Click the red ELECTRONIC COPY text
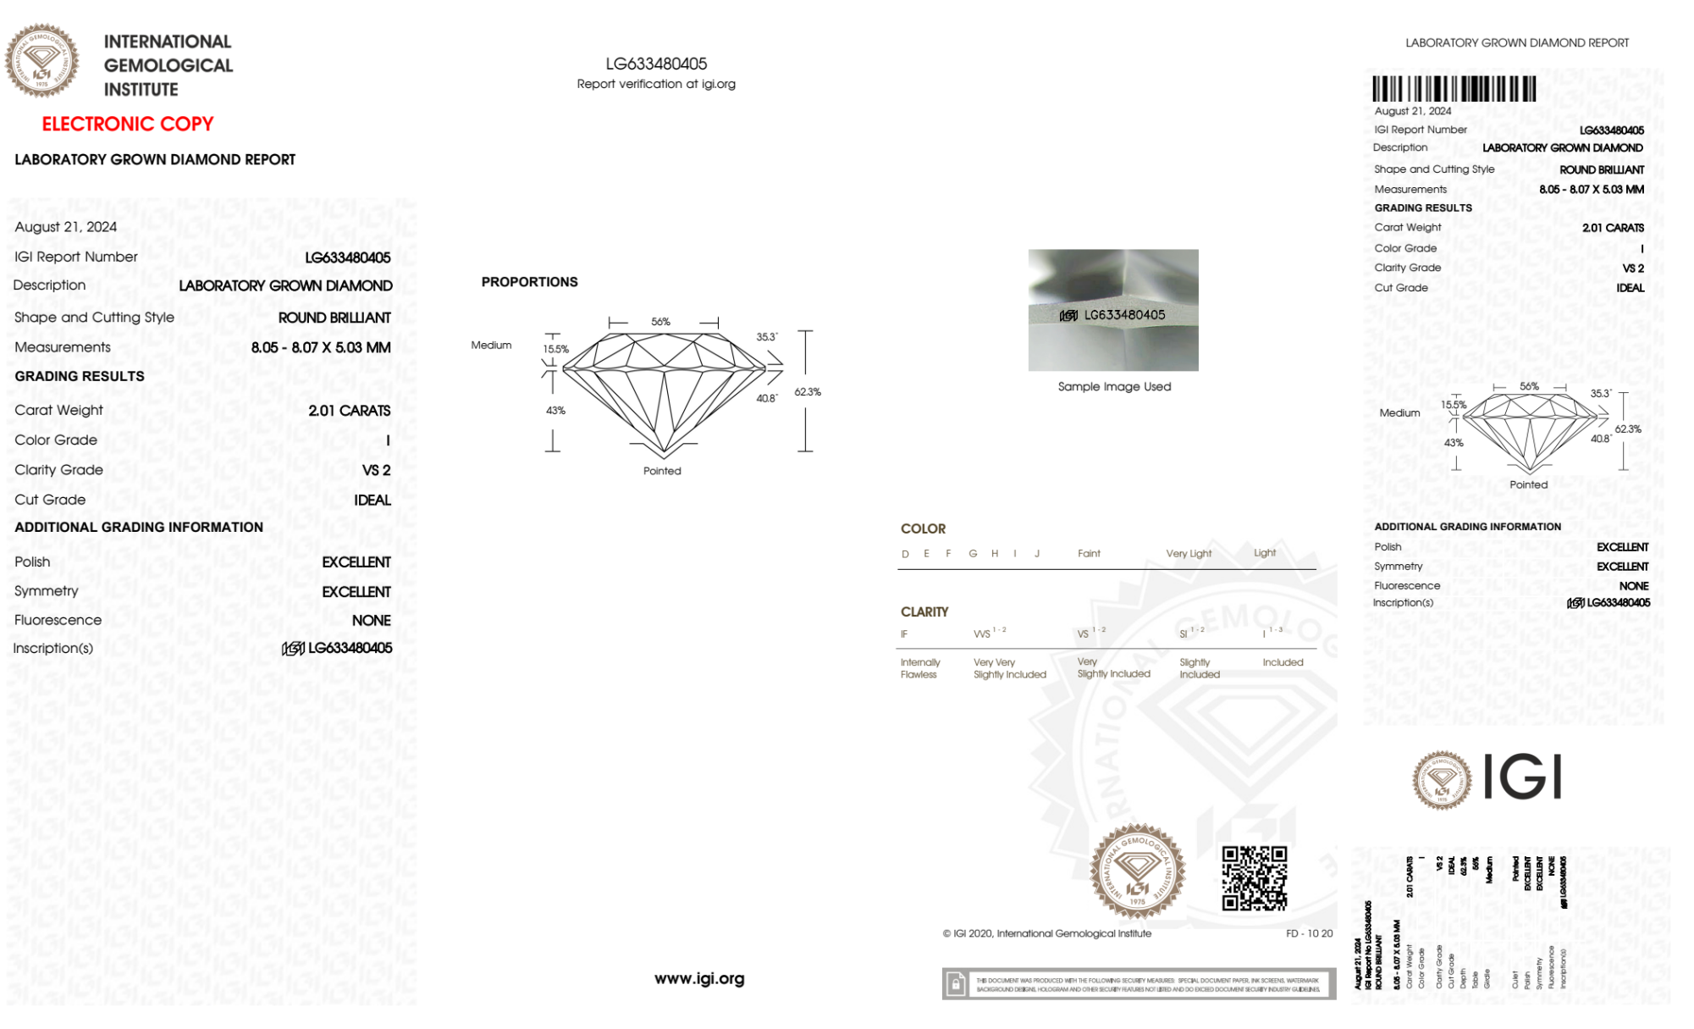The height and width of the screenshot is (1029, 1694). coord(128,124)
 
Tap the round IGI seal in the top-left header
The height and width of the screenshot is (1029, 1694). coord(42,61)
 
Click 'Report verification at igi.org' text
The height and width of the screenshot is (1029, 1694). coord(656,84)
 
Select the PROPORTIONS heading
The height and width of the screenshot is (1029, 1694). coord(529,282)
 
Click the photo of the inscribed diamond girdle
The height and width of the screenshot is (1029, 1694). coord(1113,309)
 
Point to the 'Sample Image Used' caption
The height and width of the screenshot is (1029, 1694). coord(1114,386)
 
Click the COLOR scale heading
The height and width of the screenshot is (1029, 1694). coord(923,528)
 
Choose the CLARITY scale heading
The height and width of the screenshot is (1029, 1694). coord(924,611)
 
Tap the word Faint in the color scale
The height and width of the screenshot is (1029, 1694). coord(1089,553)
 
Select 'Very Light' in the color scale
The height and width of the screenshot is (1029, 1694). coord(1189,553)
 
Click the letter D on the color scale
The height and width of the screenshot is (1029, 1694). coord(905,554)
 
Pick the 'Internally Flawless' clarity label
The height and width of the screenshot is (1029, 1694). coord(919,668)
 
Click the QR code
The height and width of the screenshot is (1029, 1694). coord(1254,878)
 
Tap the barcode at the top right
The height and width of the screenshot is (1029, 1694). coord(1454,89)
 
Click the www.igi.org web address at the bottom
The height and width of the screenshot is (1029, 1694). coord(699,978)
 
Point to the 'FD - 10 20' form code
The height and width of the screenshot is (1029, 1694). coord(1309,933)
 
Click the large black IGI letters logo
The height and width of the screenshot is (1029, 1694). coord(1523,777)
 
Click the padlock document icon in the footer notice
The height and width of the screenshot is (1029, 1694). coord(956,984)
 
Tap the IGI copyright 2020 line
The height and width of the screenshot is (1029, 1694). coord(1047,933)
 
